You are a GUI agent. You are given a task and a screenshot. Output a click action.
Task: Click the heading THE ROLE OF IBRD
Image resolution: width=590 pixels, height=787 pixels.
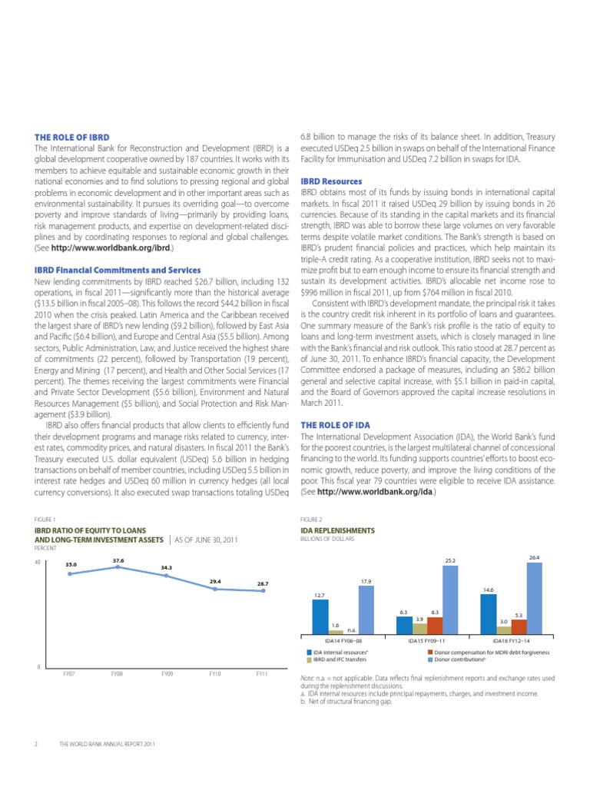pyautogui.click(x=66, y=137)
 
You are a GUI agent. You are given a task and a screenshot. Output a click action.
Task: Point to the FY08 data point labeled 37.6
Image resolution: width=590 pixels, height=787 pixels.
pyautogui.click(x=118, y=567)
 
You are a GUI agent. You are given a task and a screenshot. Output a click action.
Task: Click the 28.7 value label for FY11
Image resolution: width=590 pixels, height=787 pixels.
pyautogui.click(x=263, y=583)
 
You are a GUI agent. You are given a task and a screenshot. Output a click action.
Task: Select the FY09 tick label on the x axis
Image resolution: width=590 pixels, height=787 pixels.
pyautogui.click(x=167, y=673)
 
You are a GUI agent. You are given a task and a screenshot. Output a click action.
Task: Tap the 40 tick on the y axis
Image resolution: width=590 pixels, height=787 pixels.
pyautogui.click(x=38, y=563)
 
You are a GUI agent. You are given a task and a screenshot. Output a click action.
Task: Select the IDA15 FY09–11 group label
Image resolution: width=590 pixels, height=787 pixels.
pyautogui.click(x=427, y=639)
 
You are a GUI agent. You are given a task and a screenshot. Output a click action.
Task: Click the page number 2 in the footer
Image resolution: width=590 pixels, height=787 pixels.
pyautogui.click(x=37, y=745)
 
